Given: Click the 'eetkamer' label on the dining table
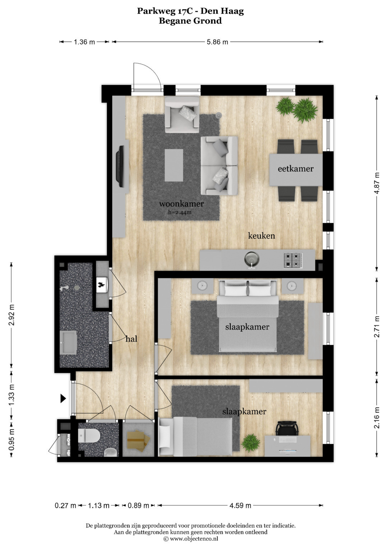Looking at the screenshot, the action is [295, 169].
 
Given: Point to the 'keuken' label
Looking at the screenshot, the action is [262, 236].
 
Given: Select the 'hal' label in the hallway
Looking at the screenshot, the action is [131, 339].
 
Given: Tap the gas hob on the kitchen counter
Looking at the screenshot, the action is [293, 260].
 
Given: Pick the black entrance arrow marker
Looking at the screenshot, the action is [64, 399].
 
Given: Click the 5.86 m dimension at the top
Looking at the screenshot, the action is [217, 42].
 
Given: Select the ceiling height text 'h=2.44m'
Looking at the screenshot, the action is [180, 212].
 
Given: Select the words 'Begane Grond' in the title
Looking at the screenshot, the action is [190, 21].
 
